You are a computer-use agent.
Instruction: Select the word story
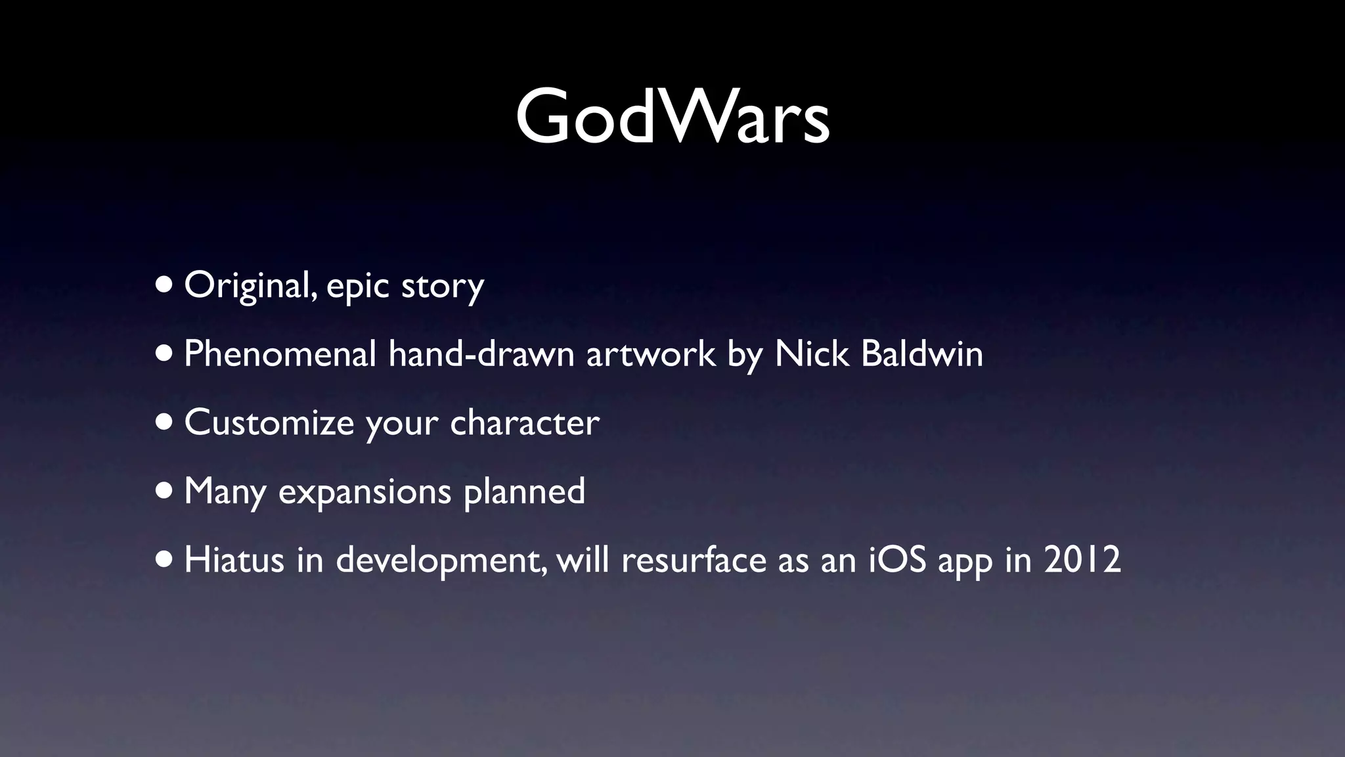pyautogui.click(x=442, y=287)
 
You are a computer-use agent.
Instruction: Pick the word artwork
pyautogui.click(x=650, y=354)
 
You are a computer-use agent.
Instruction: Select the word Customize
pyautogui.click(x=269, y=423)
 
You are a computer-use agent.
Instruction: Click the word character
pyautogui.click(x=524, y=423)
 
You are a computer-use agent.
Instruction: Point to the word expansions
pyautogui.click(x=364, y=492)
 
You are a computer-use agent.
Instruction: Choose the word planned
pyautogui.click(x=524, y=492)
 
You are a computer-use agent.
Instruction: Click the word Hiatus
pyautogui.click(x=234, y=560)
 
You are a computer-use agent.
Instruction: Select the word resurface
pyautogui.click(x=693, y=560)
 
